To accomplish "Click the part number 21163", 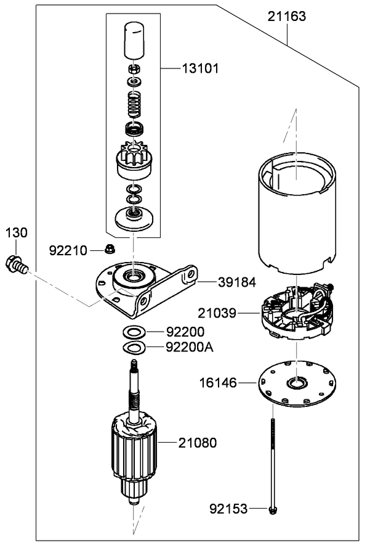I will [286, 17].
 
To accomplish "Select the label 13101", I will [199, 68].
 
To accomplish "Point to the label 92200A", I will [189, 347].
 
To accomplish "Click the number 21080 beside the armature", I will [198, 442].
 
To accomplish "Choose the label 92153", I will [228, 509].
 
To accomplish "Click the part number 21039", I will [217, 313].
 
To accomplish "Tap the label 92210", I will [68, 250].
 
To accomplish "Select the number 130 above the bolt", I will [17, 232].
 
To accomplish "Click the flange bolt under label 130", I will [15, 264].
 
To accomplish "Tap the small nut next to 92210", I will [109, 249].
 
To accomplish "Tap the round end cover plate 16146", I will [296, 386].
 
